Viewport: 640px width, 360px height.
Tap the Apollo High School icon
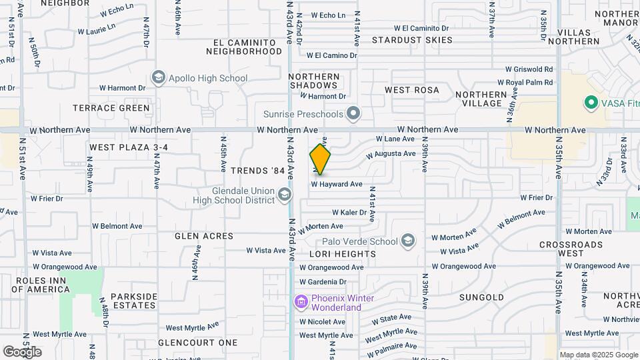[159, 78]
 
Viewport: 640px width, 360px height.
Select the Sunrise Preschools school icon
[353, 114]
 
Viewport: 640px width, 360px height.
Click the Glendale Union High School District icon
[285, 195]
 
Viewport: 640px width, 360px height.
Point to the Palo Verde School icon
[407, 241]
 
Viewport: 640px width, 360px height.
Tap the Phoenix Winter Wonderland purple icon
[301, 303]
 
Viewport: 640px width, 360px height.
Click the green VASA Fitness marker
[589, 103]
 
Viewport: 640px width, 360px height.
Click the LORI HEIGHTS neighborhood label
[343, 254]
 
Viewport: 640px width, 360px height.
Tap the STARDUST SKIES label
[412, 40]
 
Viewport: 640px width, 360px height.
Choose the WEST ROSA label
[412, 89]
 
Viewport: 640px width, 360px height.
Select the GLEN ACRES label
[204, 236]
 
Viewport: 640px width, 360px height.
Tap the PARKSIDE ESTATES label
[134, 301]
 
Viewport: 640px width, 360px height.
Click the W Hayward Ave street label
[337, 184]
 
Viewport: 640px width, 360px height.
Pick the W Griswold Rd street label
[529, 69]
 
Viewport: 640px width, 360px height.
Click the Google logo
[22, 351]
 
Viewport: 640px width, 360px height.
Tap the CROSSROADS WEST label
[571, 249]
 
